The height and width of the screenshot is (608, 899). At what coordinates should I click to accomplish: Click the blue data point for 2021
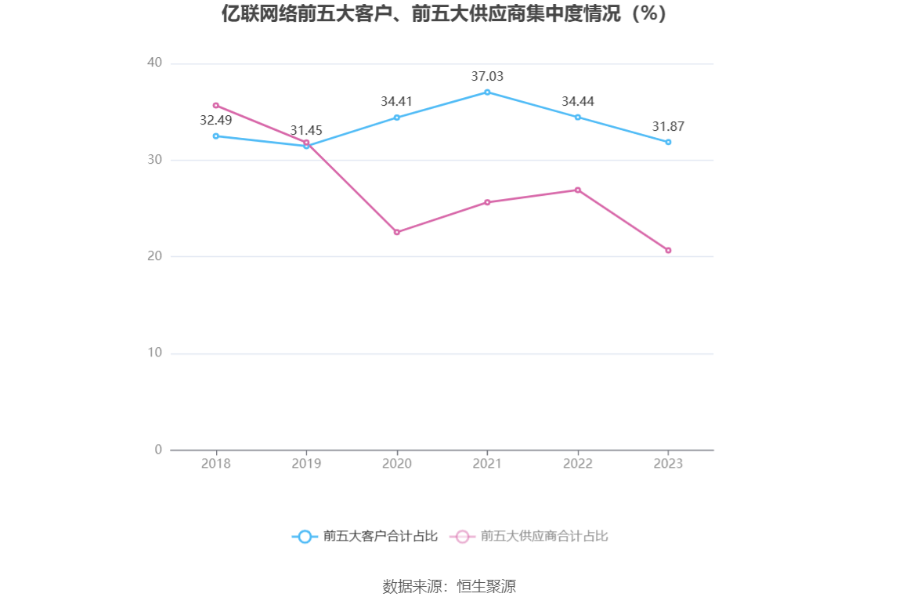487,92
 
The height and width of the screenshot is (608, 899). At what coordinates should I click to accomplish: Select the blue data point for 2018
216,136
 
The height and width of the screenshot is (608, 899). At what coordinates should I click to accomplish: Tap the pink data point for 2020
397,232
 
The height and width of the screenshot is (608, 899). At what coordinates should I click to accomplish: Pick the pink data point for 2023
668,250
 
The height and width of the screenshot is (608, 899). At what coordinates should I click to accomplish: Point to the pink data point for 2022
578,190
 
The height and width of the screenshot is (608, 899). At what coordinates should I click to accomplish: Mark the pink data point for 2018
216,105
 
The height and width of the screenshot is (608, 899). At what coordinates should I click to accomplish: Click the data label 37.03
487,77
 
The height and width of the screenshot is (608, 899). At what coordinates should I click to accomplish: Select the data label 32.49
216,121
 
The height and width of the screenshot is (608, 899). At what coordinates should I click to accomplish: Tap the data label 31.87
668,127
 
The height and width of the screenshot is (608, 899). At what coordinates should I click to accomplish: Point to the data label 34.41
397,102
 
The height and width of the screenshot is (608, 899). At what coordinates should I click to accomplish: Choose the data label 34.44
578,102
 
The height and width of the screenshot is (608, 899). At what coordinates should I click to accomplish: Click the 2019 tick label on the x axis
306,464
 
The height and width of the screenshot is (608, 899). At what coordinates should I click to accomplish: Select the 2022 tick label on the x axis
578,464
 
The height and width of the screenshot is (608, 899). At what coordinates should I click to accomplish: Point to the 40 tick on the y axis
154,63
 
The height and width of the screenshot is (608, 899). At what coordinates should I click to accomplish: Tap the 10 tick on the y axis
154,353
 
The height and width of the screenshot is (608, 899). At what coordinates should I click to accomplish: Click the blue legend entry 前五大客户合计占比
365,537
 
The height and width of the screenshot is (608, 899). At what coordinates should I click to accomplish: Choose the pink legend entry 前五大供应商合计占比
529,537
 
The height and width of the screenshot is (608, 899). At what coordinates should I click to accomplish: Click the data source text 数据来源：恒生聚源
449,587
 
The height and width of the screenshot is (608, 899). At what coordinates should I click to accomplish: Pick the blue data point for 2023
668,142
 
